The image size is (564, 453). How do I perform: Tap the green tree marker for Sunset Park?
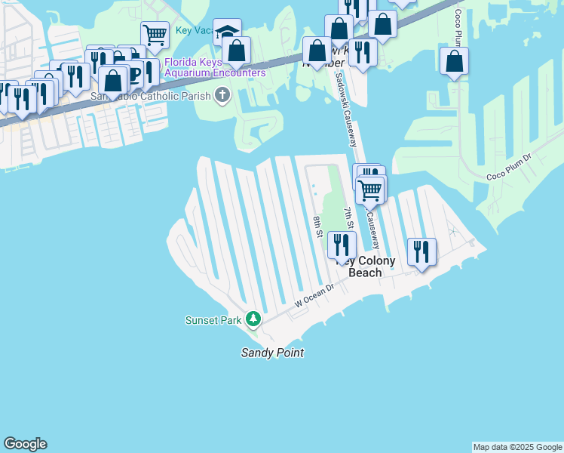pyautogui.click(x=254, y=320)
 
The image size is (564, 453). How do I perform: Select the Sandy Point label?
pyautogui.click(x=272, y=353)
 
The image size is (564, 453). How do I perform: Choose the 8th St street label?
pyautogui.click(x=318, y=226)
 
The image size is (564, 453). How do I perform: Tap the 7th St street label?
pyautogui.click(x=348, y=218)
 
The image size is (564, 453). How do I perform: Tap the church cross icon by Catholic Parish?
pyautogui.click(x=222, y=95)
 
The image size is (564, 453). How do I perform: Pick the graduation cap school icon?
pyautogui.click(x=227, y=32)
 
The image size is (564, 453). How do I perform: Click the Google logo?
pyautogui.click(x=25, y=444)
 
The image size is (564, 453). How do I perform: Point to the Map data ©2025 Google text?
pyautogui.click(x=517, y=447)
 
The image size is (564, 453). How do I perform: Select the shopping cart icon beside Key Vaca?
pyautogui.click(x=155, y=35)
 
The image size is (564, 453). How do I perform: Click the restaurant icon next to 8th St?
pyautogui.click(x=342, y=245)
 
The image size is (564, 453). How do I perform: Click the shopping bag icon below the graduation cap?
pyautogui.click(x=237, y=51)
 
